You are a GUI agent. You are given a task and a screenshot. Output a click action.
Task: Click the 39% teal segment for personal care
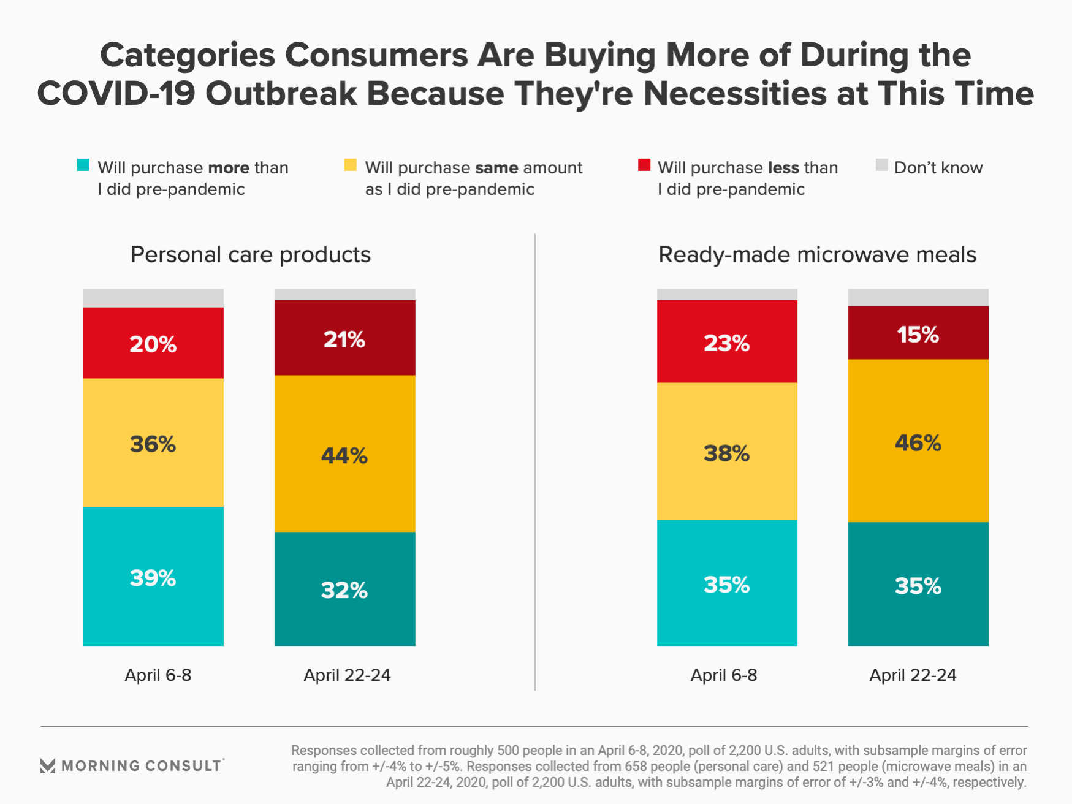[x=153, y=576]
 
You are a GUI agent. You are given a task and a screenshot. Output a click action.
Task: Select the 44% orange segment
[x=344, y=453]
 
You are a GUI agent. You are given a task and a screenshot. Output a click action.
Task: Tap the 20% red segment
[x=153, y=343]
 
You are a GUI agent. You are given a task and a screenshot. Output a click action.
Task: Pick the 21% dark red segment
[x=344, y=338]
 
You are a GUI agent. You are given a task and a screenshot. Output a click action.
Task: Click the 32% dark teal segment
[x=344, y=589]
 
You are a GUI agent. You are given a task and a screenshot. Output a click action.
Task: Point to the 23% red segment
[x=727, y=341]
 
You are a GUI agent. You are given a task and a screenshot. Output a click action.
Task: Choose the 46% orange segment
[x=918, y=441]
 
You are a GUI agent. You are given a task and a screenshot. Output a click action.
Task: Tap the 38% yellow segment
[x=727, y=452]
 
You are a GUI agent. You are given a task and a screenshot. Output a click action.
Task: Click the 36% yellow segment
[x=153, y=442]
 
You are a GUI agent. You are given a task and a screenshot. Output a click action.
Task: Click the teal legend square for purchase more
[x=83, y=165]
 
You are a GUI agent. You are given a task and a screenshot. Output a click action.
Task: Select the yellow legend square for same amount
[x=351, y=165]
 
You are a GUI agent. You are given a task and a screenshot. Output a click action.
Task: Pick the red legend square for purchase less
[x=644, y=165]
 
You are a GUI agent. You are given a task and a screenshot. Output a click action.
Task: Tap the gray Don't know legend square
[x=882, y=165]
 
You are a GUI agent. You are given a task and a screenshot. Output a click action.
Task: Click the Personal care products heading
[x=251, y=255]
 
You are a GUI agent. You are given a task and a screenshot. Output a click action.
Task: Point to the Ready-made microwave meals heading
[x=817, y=255]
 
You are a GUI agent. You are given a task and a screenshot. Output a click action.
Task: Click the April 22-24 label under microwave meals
[x=913, y=675]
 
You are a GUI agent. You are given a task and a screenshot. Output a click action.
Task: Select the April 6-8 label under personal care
[x=158, y=675]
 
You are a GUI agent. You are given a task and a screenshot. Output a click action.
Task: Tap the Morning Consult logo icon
[x=48, y=765]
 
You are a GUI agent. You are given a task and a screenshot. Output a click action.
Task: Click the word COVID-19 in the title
[x=116, y=94]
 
